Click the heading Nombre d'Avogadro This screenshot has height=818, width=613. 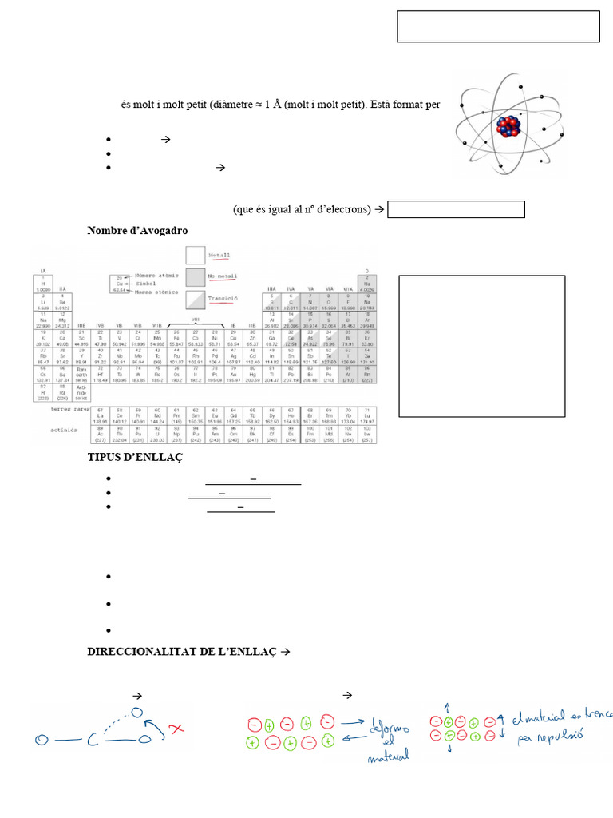pos(137,231)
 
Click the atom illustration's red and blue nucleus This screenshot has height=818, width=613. pos(508,125)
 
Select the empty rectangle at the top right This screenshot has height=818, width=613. pos(498,26)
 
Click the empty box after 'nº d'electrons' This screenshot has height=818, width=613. pos(456,209)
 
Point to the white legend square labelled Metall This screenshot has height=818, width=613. pos(196,255)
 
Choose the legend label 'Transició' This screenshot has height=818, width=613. pos(223,298)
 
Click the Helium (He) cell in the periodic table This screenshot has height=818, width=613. pos(366,284)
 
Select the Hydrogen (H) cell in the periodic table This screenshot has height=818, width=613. pos(42,284)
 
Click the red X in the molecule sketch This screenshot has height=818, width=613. pos(177,729)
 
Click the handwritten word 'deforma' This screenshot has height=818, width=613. pos(390,728)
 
